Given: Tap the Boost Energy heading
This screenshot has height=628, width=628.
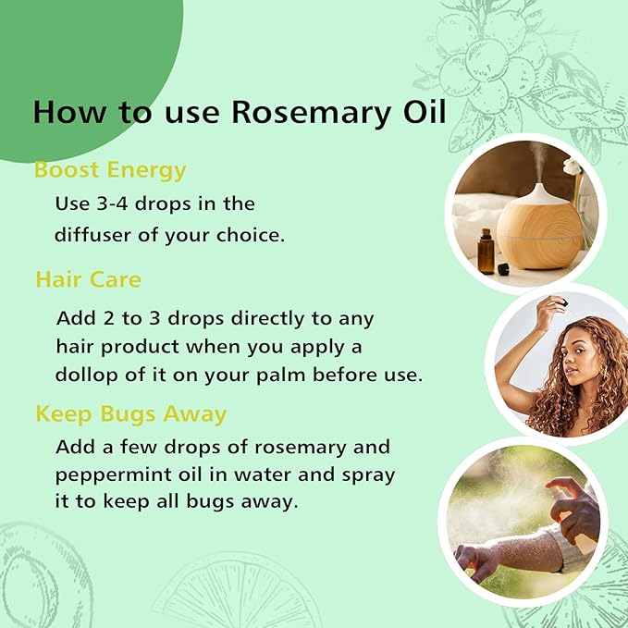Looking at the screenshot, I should click(110, 170).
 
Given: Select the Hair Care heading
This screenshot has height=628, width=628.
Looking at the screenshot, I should click(88, 278).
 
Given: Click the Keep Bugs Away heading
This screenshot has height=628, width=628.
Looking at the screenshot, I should click(130, 413).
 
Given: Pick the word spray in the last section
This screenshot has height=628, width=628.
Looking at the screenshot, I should click(367, 475).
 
